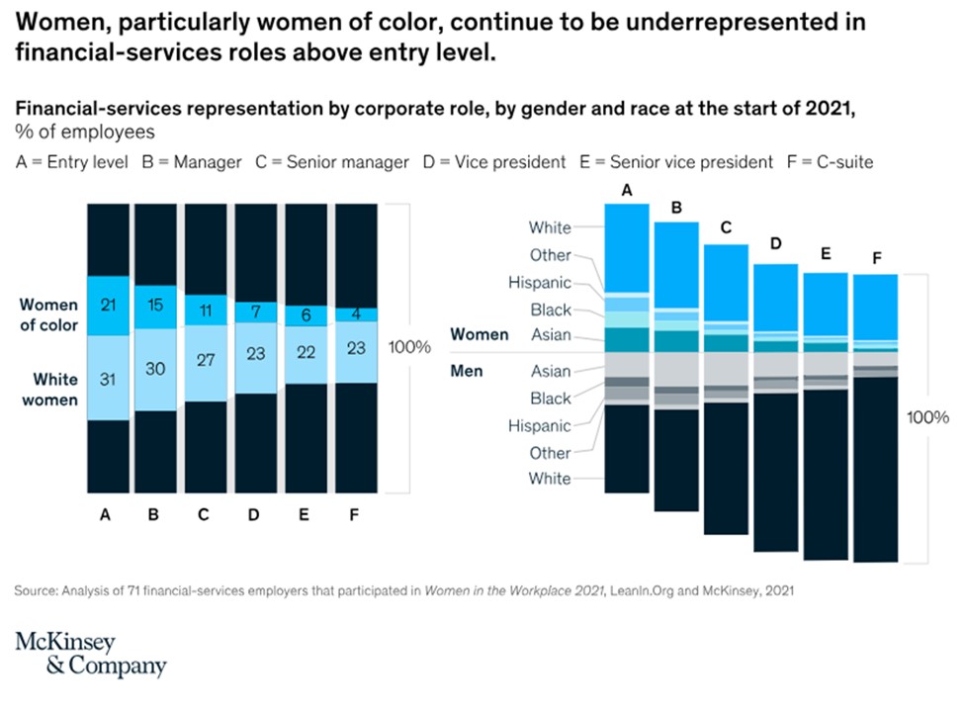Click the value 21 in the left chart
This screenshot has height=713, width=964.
[x=108, y=303]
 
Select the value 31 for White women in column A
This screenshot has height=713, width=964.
[x=108, y=379]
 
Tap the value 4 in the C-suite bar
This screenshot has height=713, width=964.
[x=357, y=314]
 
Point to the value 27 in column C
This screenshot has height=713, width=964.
[x=207, y=359]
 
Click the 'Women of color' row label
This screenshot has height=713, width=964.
[x=48, y=313]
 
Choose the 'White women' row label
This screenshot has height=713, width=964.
[x=55, y=388]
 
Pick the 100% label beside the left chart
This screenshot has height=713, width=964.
[x=409, y=347]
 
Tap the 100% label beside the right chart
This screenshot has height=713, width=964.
[x=927, y=416]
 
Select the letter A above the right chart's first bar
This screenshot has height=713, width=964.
[x=627, y=191]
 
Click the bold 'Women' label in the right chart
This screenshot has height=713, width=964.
[x=480, y=335]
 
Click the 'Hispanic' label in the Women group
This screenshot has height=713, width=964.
[x=539, y=282]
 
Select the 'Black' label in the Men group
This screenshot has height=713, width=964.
[x=551, y=399]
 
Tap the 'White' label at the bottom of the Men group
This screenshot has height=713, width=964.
[x=550, y=479]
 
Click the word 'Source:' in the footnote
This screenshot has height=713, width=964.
[x=37, y=591]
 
